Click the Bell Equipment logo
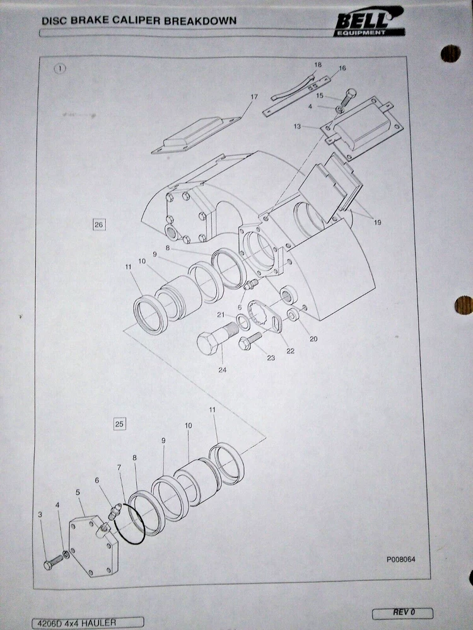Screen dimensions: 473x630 [x=369, y=21]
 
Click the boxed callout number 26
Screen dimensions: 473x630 [x=98, y=225]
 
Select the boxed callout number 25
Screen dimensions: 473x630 [x=119, y=424]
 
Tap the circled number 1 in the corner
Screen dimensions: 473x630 [x=59, y=69]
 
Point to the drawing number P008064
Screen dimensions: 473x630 [x=401, y=559]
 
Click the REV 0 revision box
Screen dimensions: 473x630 [x=402, y=613]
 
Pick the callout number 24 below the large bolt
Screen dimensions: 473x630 [x=223, y=370]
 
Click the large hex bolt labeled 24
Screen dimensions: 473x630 [x=217, y=338]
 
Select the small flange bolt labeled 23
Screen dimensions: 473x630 [x=250, y=341]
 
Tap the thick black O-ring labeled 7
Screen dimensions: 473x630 [x=129, y=524]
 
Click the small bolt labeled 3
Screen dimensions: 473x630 [x=54, y=561]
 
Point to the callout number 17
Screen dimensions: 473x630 [x=254, y=97]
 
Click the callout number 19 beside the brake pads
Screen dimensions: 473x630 [x=377, y=222]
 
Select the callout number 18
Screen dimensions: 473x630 [x=318, y=65]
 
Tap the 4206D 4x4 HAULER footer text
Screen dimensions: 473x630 [x=76, y=623]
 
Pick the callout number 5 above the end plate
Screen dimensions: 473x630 [x=78, y=492]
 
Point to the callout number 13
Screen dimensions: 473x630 [x=297, y=127]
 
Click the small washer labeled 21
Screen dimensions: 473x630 [x=243, y=322]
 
